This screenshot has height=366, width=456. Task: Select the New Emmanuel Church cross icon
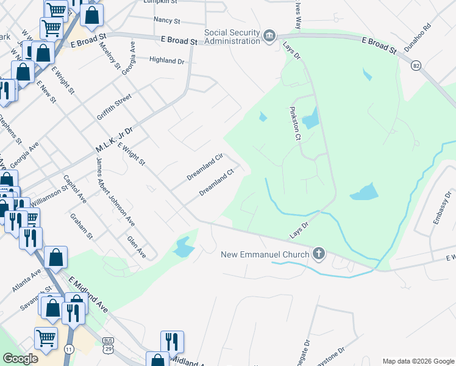[318, 253]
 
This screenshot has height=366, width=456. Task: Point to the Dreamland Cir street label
[205, 167]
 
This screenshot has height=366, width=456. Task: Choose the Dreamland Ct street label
[216, 182]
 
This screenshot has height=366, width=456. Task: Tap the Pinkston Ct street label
[294, 124]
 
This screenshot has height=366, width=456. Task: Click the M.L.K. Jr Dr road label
[114, 141]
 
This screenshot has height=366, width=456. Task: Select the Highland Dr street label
[166, 60]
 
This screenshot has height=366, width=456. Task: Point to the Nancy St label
[167, 20]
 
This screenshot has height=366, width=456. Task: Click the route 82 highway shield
[416, 65]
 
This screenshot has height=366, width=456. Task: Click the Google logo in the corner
[21, 359]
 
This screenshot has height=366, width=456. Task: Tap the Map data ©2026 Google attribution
[418, 361]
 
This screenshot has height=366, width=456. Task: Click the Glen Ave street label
[136, 246]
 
